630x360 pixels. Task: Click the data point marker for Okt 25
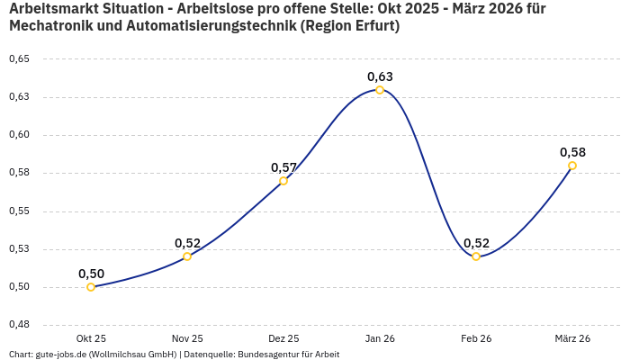click(x=91, y=287)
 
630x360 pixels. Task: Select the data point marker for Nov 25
click(x=187, y=256)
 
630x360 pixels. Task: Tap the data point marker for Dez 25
click(x=283, y=181)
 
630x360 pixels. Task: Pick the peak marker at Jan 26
click(x=380, y=90)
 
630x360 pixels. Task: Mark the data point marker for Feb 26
click(x=476, y=256)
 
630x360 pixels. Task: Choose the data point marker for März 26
click(x=572, y=166)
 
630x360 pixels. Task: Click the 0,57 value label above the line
click(x=283, y=167)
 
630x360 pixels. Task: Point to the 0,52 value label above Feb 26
click(x=476, y=243)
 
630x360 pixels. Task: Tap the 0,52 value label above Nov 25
click(x=187, y=243)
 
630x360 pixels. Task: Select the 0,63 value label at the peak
click(x=380, y=76)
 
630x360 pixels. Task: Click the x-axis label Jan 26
click(x=380, y=338)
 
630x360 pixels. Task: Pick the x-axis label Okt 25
click(x=91, y=338)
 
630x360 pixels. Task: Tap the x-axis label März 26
click(x=572, y=338)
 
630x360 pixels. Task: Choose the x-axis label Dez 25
click(x=283, y=338)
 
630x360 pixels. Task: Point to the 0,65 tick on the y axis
click(x=19, y=59)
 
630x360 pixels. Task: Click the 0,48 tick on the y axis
click(x=19, y=325)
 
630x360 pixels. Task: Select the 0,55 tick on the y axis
click(x=19, y=211)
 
